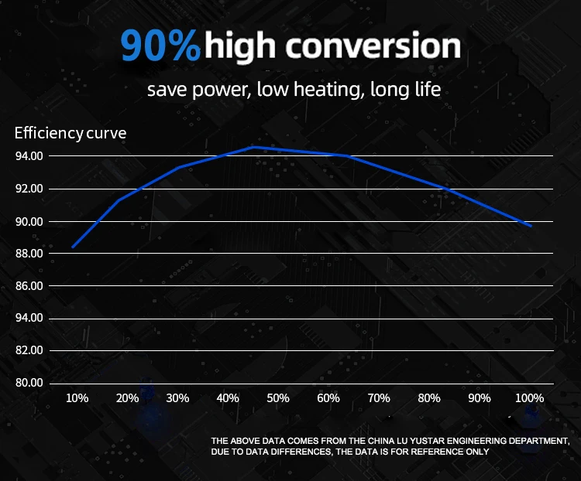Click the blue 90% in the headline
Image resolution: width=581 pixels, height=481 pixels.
(x=160, y=46)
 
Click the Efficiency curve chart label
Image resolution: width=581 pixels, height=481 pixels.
(x=70, y=133)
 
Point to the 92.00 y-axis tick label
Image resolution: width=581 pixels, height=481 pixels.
(x=29, y=189)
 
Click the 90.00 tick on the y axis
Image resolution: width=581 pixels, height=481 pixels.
(x=29, y=221)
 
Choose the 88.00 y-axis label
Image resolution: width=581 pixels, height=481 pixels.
(x=29, y=254)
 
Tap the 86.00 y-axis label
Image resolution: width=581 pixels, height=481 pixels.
(x=29, y=286)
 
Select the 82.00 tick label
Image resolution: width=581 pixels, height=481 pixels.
(x=29, y=350)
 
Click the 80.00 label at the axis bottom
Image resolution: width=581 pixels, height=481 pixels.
(x=29, y=383)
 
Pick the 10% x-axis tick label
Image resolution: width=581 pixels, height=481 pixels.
(x=77, y=398)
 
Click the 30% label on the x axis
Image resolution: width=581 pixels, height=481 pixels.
(x=177, y=398)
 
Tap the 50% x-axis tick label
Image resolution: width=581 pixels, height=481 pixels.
(x=278, y=398)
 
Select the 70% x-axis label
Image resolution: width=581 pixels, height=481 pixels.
(x=379, y=398)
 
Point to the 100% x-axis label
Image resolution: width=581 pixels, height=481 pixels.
(x=530, y=398)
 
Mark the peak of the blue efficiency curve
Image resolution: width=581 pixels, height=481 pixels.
(x=253, y=146)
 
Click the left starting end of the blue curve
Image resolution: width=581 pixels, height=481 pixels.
(x=72, y=247)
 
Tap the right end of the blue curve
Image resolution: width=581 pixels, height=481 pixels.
(x=531, y=226)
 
